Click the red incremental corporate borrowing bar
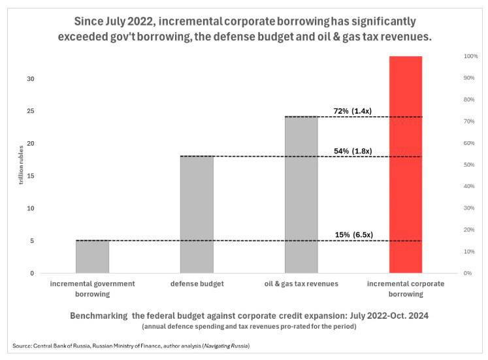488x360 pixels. click(406, 165)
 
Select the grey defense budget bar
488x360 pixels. click(197, 214)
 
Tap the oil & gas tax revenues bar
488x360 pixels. click(301, 195)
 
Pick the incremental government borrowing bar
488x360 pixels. click(92, 257)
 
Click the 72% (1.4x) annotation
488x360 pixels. click(353, 111)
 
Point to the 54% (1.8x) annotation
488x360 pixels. click(353, 151)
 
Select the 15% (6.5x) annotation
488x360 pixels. click(354, 235)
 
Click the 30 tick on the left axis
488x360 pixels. click(31, 79)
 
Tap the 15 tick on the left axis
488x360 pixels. click(31, 176)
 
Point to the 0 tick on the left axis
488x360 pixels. click(32, 274)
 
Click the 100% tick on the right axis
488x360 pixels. click(470, 56)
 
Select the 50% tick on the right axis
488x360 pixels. click(469, 165)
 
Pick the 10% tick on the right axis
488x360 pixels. click(469, 252)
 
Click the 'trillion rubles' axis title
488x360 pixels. click(21, 165)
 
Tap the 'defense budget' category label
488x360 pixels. click(197, 284)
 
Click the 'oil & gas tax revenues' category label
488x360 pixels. click(301, 284)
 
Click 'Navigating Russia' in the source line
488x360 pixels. click(226, 346)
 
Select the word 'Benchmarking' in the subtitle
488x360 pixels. click(99, 316)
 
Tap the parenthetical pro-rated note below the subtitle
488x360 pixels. click(250, 327)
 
